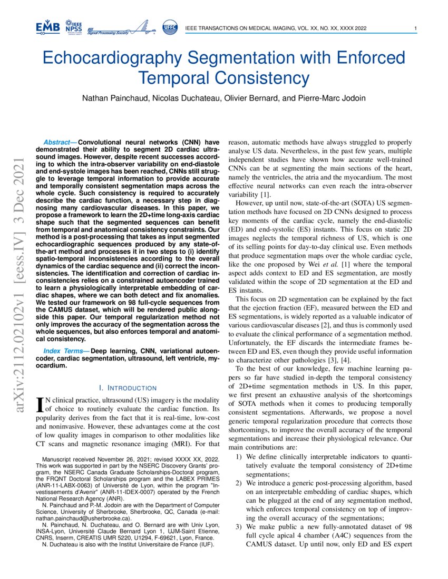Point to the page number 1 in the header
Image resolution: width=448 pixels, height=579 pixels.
(x=416, y=28)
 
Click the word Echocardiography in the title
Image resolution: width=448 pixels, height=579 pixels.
(x=115, y=58)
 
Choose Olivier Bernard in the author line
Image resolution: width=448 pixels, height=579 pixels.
(x=251, y=98)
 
